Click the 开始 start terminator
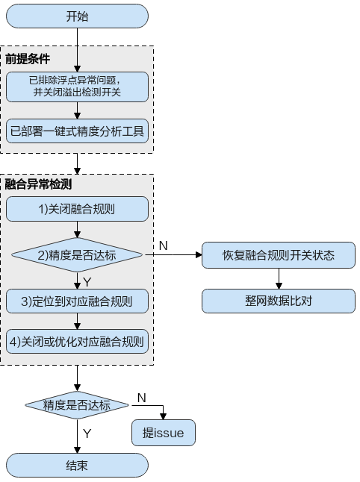pyautogui.click(x=77, y=16)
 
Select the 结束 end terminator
pyautogui.click(x=77, y=465)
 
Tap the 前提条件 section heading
pyautogui.click(x=28, y=59)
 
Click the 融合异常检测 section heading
pyautogui.click(x=38, y=184)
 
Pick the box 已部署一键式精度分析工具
pyautogui.click(x=77, y=131)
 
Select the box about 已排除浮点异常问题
pyautogui.click(x=77, y=87)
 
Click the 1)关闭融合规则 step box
pyautogui.click(x=77, y=209)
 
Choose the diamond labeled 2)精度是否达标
pyautogui.click(x=77, y=255)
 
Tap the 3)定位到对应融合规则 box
pyautogui.click(x=77, y=301)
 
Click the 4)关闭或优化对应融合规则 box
pyautogui.click(x=77, y=342)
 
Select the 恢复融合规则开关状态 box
pyautogui.click(x=279, y=255)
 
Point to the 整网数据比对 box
pyautogui.click(x=279, y=301)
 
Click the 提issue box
pyautogui.click(x=164, y=433)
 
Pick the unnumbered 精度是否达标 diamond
pyautogui.click(x=77, y=405)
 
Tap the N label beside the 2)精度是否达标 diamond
pyautogui.click(x=163, y=245)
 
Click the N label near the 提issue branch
pyautogui.click(x=142, y=398)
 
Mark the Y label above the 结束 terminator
pyautogui.click(x=87, y=434)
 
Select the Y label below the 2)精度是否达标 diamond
pyautogui.click(x=87, y=282)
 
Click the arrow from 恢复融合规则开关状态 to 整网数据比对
pyautogui.click(x=279, y=278)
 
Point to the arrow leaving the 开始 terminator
pyautogui.click(x=77, y=50)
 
